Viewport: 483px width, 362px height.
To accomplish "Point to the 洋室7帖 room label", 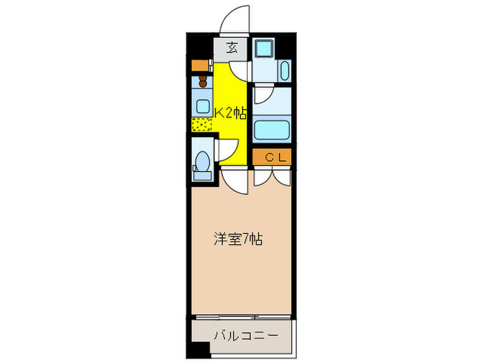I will click(237, 240).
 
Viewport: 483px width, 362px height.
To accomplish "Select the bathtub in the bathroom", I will click(271, 130).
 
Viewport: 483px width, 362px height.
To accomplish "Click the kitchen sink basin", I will click(202, 106).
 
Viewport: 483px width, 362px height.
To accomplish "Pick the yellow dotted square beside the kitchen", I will click(202, 125).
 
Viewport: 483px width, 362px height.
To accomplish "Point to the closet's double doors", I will click(272, 177).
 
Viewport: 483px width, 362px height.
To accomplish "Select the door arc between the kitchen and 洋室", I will click(235, 179).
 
